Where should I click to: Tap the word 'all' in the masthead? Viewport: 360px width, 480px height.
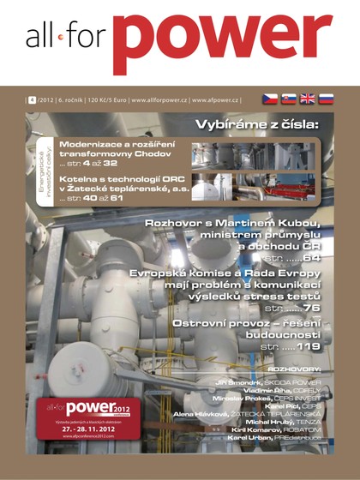click(x=41, y=37)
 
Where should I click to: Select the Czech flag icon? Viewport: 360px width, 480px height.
click(x=268, y=99)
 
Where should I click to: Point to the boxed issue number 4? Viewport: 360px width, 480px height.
click(x=31, y=100)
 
